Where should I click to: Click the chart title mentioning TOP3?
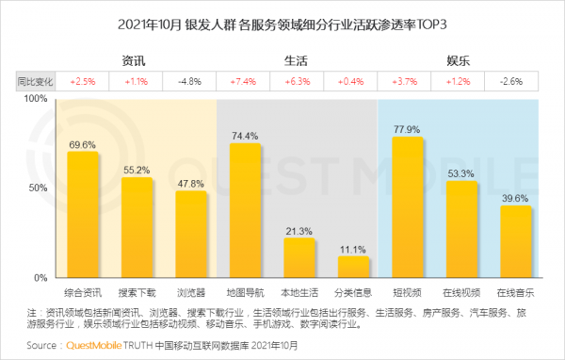point(282,23)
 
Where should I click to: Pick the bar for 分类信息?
point(354,267)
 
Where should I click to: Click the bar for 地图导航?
point(245,210)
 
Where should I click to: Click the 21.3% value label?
point(299,230)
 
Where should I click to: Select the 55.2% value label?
point(136,170)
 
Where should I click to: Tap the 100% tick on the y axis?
point(35,98)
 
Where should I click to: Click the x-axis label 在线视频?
point(462,292)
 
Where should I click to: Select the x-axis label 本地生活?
point(299,292)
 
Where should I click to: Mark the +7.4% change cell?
point(244,81)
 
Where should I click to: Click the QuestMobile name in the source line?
point(97,346)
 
